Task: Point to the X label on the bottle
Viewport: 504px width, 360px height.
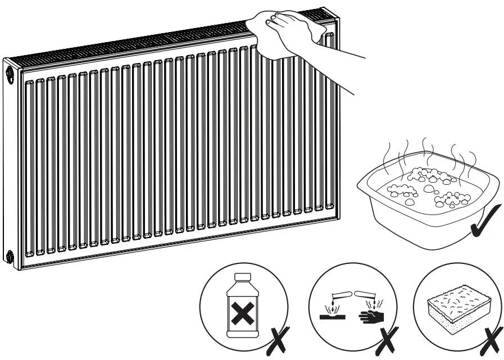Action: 242,313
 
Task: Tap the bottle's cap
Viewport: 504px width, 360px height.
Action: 242,276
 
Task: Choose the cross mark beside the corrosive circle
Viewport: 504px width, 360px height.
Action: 387,339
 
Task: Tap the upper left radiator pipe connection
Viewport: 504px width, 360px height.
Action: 9,74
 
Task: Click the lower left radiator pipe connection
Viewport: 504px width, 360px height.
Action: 9,258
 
